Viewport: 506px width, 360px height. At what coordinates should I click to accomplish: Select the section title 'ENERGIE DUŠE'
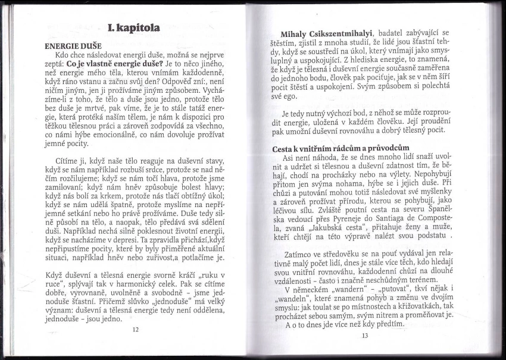click(73, 46)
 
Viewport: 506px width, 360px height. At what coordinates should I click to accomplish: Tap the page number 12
click(135, 329)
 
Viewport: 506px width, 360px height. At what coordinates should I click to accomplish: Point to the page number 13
click(364, 335)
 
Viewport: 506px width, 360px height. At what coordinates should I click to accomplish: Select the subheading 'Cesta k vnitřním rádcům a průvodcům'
click(346, 148)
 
